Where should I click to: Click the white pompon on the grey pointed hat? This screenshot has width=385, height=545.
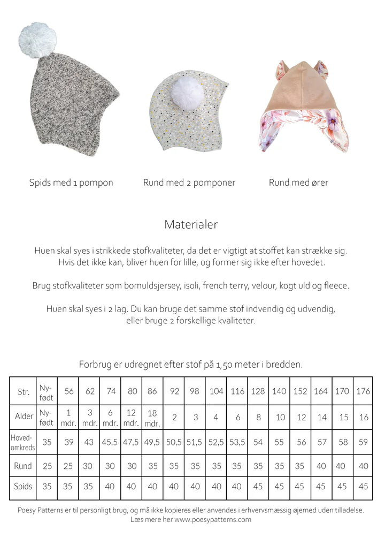[37, 39]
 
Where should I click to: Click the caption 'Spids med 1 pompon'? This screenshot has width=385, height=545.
[71, 183]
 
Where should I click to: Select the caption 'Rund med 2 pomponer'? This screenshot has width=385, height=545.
[189, 183]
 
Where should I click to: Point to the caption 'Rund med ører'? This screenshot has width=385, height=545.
[298, 183]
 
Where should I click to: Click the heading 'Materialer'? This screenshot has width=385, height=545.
[191, 224]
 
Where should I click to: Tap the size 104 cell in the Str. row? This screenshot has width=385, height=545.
[216, 391]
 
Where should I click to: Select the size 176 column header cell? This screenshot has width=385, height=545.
[363, 391]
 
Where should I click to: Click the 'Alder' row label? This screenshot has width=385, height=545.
[23, 417]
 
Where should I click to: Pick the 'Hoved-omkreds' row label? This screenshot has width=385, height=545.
[22, 442]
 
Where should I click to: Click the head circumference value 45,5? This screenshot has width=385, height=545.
[111, 443]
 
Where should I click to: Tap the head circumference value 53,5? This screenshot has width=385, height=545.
[237, 443]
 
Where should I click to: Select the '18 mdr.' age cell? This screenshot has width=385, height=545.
[152, 417]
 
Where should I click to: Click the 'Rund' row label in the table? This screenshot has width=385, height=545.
[23, 466]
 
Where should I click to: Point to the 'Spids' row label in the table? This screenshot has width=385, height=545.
[23, 487]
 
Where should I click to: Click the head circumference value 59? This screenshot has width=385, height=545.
[363, 443]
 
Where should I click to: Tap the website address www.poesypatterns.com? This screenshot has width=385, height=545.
[212, 519]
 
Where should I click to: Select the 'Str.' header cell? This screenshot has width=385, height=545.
[23, 391]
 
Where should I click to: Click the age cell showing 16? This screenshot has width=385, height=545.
[364, 417]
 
